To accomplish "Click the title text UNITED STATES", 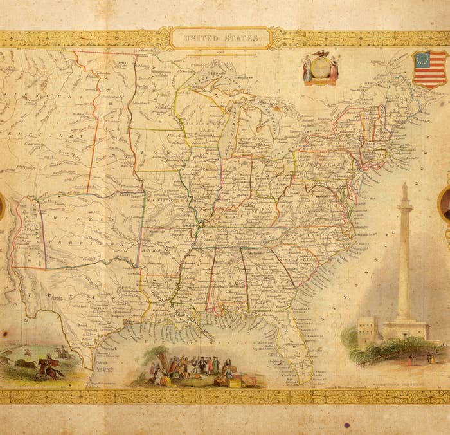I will pos(223,39).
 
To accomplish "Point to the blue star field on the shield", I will pos(422,62).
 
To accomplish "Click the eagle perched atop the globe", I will pos(321,55).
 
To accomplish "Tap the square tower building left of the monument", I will pos(367,331).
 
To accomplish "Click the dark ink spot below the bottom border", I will pos(347,425).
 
